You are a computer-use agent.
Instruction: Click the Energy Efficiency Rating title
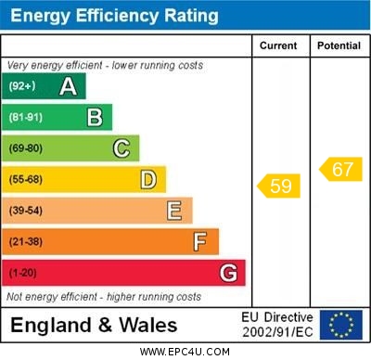114,16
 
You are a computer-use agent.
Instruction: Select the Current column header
278,45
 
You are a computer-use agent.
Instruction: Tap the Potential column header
339,45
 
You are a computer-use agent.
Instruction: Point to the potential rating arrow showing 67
340,169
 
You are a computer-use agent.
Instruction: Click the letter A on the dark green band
68,86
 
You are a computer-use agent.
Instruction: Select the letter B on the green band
95,117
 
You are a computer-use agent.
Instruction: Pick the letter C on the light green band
122,148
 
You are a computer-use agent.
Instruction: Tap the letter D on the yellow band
148,179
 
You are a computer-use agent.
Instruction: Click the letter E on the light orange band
174,211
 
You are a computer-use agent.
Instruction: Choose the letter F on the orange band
200,241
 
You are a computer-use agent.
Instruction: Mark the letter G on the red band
228,273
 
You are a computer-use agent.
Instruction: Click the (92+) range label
22,86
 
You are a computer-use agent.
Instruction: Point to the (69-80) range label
26,148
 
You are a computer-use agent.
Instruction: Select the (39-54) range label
26,211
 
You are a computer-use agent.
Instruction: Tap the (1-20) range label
23,273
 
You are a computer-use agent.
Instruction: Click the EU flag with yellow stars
340,325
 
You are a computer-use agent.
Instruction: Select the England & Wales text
94,325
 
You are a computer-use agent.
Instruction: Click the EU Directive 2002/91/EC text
277,325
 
